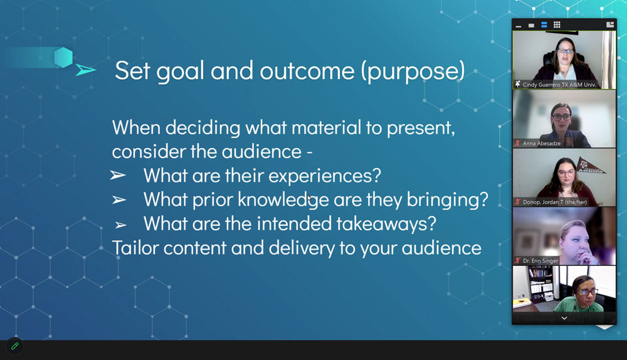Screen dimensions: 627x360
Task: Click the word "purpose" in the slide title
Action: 413,71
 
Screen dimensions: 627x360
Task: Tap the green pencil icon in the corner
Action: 15,346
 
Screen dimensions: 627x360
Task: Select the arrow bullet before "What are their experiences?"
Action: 118,175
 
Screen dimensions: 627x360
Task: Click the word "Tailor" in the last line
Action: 135,248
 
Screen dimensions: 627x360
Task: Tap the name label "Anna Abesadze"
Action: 542,143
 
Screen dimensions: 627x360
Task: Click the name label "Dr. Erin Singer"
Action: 540,261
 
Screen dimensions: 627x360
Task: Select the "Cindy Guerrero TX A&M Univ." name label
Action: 559,85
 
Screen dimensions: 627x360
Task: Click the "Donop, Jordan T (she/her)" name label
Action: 555,202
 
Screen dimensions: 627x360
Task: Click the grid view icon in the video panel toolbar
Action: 557,25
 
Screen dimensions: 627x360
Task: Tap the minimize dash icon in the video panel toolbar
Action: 519,26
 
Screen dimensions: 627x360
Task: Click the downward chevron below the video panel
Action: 564,319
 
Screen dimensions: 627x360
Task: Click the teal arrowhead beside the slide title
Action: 85,70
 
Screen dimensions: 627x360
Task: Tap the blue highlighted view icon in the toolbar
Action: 544,25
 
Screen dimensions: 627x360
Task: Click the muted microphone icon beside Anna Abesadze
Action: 518,143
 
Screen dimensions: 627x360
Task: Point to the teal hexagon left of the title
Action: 63,57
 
